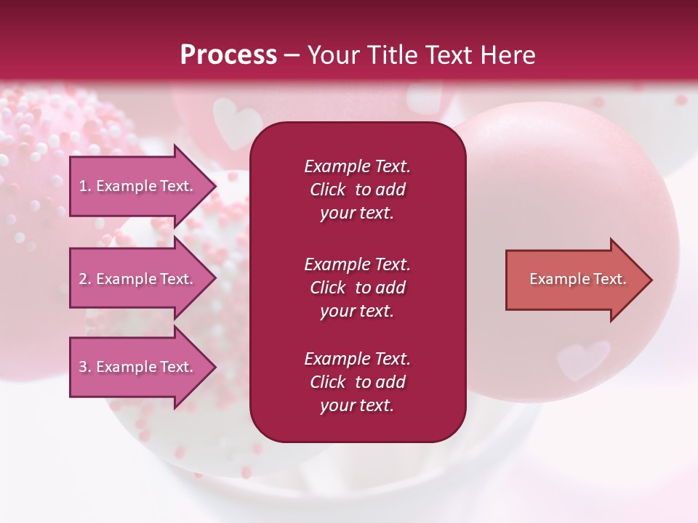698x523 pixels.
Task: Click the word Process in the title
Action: click(x=228, y=55)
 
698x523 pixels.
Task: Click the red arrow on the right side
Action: click(x=574, y=280)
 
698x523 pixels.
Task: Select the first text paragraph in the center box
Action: click(x=357, y=190)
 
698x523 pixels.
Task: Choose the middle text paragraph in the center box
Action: click(x=357, y=288)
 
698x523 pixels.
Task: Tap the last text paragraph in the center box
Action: click(x=357, y=382)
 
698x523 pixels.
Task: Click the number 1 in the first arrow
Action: click(x=83, y=186)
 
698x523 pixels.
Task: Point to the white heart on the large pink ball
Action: click(x=582, y=358)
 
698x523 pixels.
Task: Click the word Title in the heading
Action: click(x=393, y=55)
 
